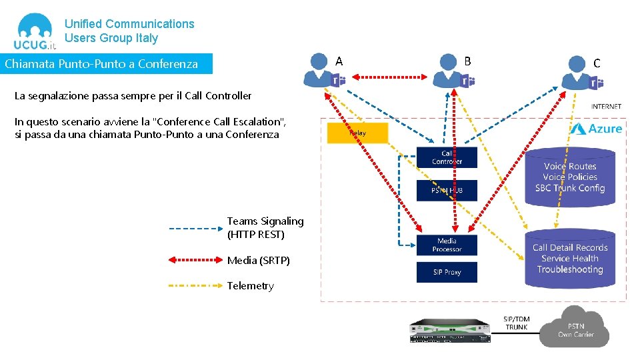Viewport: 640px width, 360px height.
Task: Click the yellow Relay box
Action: [357, 133]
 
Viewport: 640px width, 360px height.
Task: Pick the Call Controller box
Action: [447, 157]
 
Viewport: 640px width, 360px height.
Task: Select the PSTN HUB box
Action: [447, 191]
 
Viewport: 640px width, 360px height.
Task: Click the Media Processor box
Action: [447, 245]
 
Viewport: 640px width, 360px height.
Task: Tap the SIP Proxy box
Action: [447, 272]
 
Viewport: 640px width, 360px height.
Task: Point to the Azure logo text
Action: [596, 128]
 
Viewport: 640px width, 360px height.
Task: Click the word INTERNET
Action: [606, 106]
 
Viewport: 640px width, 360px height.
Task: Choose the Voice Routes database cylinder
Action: [569, 177]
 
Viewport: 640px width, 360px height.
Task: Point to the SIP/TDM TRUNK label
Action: [516, 323]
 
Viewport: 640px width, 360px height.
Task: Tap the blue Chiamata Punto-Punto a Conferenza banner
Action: [106, 64]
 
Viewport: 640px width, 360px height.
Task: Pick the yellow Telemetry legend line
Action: [194, 285]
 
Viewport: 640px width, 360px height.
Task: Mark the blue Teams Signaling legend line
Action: [194, 228]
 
